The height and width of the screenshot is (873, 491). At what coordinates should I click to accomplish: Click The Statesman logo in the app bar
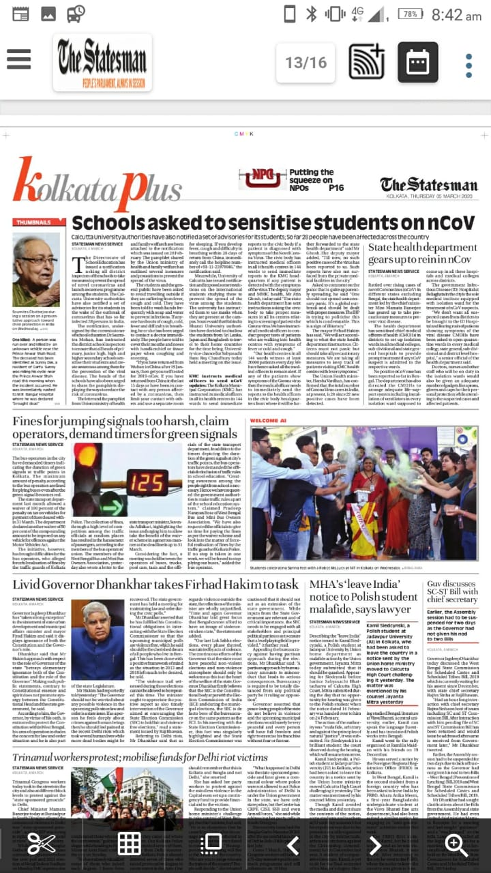click(x=103, y=62)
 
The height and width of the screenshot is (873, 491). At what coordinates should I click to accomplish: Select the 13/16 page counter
click(x=306, y=63)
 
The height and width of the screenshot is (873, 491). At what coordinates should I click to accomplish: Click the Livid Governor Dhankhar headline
click(x=155, y=585)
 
